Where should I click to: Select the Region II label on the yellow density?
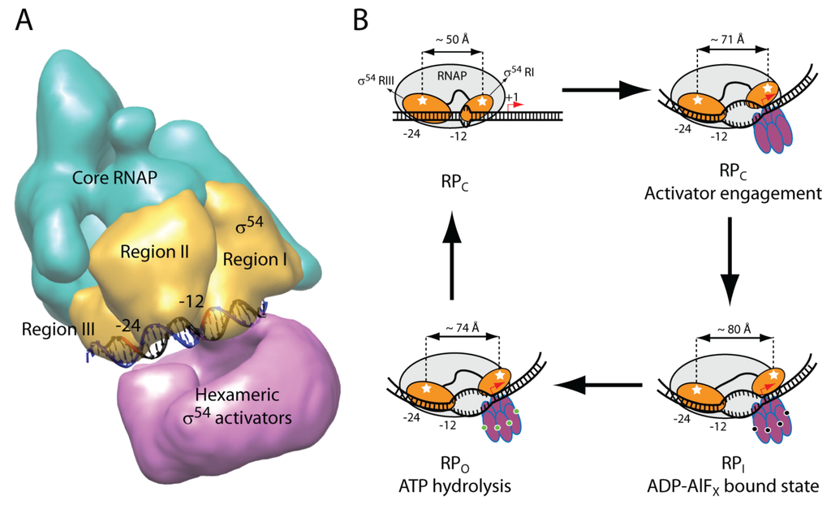154,252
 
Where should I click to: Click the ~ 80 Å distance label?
732,330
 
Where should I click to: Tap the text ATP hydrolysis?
452,486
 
